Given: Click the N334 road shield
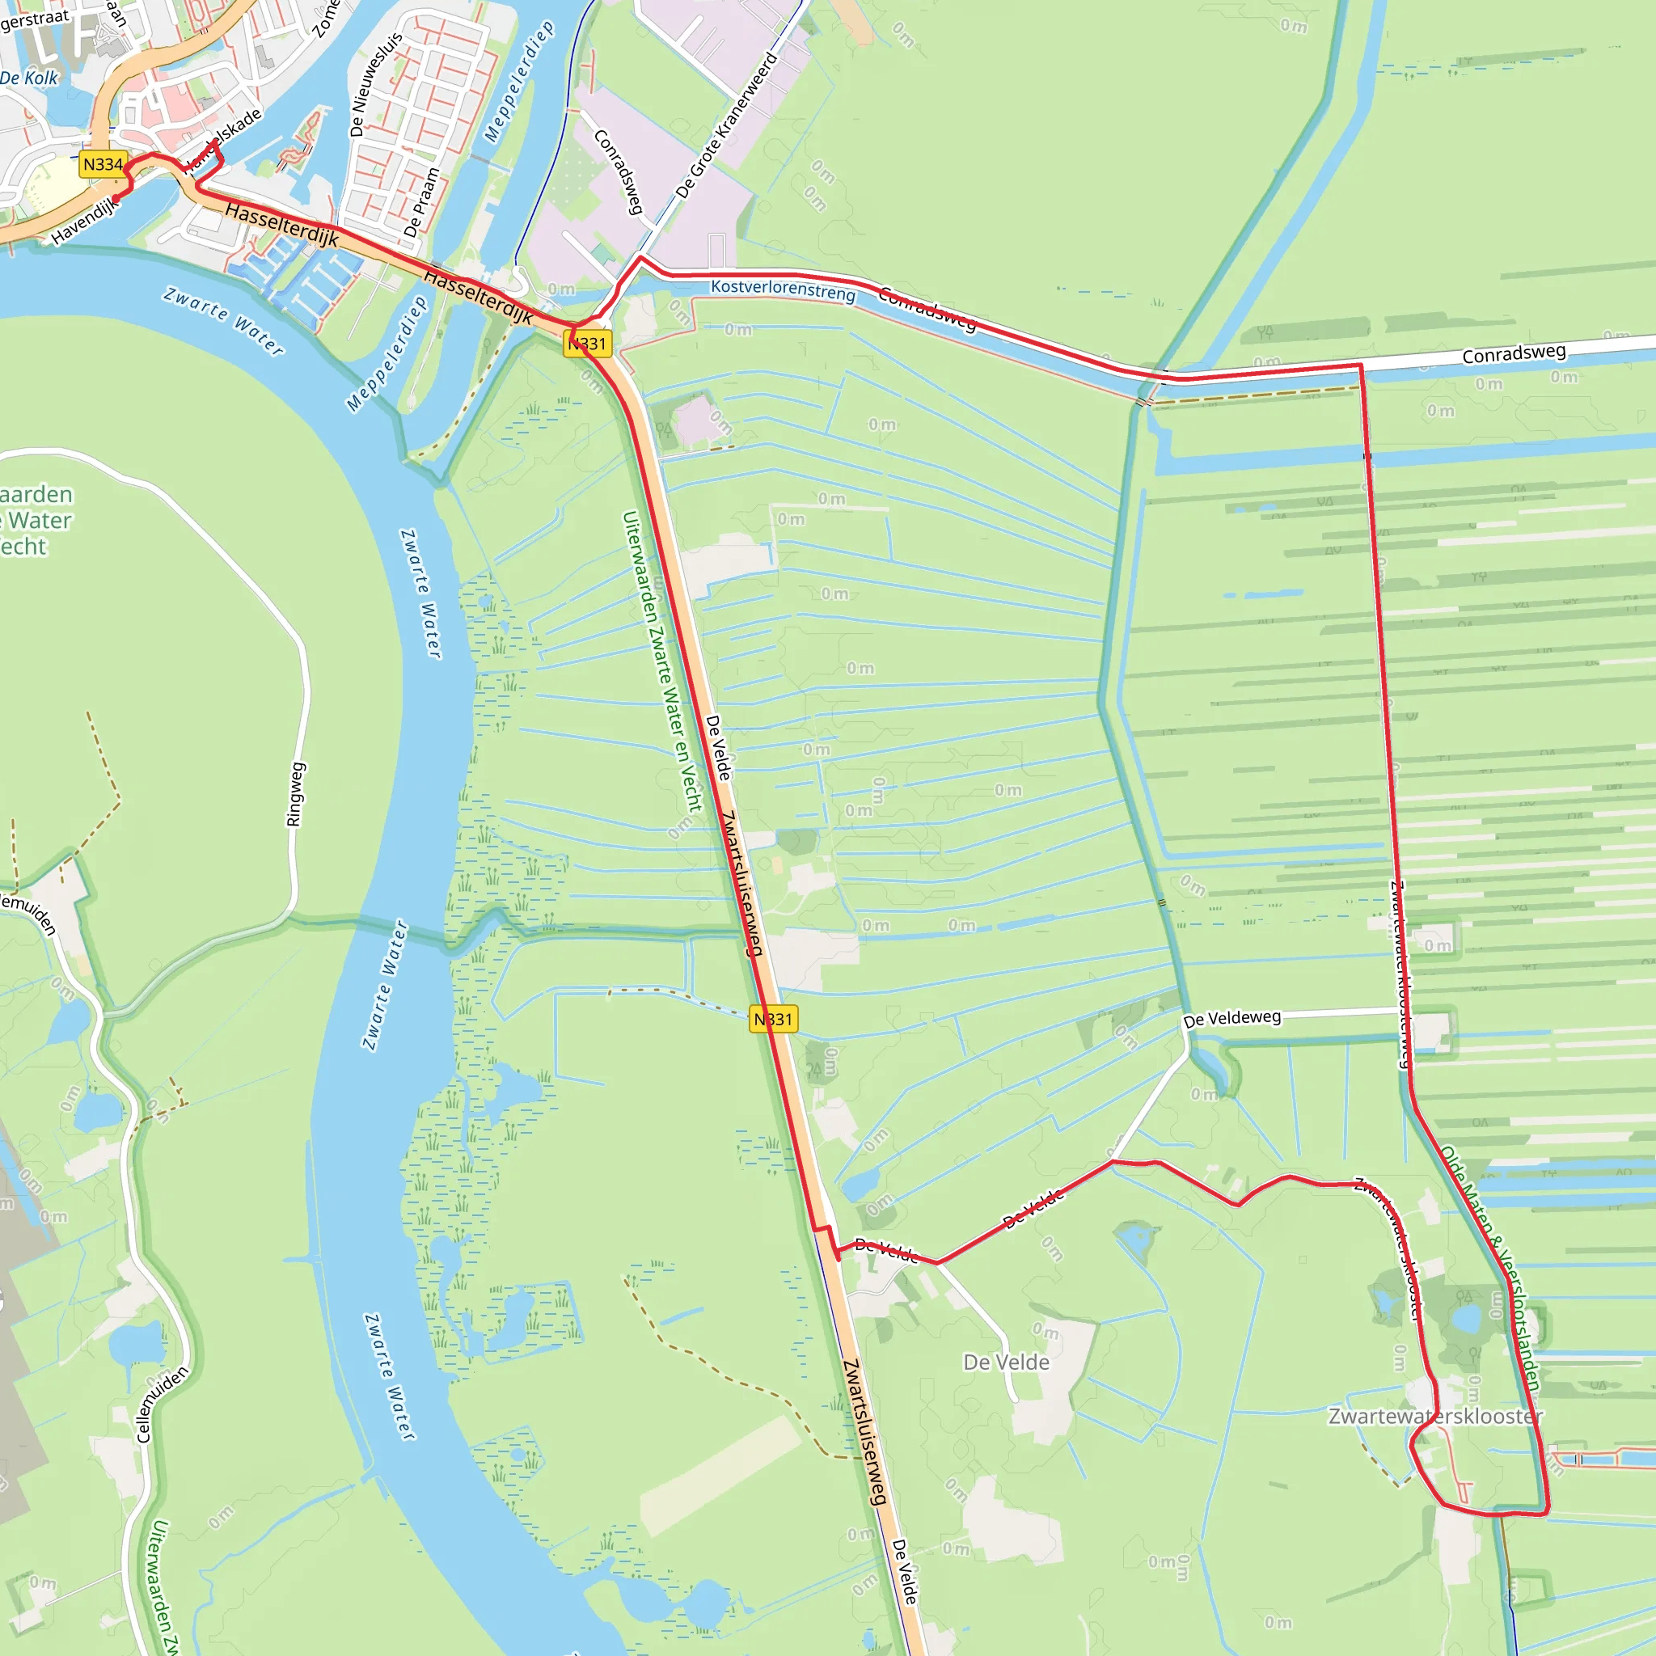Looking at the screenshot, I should (x=103, y=165).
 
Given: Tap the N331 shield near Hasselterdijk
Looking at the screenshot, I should (x=588, y=344).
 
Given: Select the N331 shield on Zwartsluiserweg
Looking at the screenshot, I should (x=773, y=1019).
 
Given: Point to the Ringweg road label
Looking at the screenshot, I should (x=294, y=795).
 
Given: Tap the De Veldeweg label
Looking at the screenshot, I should (x=1231, y=1018).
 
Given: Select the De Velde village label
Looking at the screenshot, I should (x=1006, y=1362).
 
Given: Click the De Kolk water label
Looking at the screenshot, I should (x=29, y=78).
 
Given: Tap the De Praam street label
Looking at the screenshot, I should (x=422, y=203).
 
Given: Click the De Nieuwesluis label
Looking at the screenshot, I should (x=375, y=85).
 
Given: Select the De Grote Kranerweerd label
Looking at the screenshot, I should (x=726, y=125).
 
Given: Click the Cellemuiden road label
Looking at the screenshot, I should (x=162, y=1405).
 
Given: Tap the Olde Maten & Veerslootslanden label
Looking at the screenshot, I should (x=1490, y=1269).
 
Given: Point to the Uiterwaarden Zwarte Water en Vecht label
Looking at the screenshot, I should (x=661, y=661).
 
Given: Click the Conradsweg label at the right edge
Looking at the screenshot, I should (x=1514, y=354).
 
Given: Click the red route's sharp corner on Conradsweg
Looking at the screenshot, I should (x=1360, y=366).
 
